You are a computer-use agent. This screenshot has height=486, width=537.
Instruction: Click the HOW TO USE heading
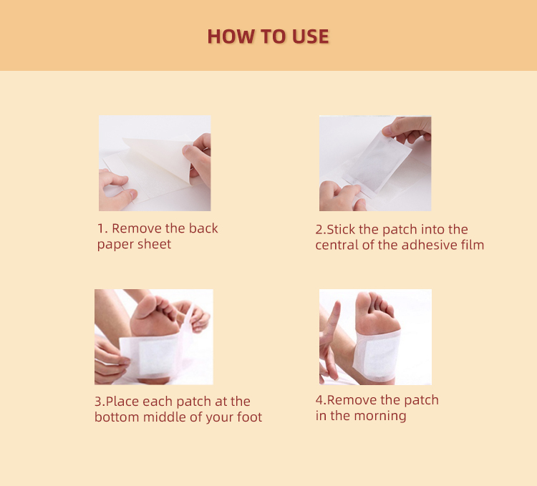pos(268,37)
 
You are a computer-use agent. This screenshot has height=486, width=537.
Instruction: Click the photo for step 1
pos(154,163)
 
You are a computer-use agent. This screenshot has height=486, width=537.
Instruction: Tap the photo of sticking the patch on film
pos(374,163)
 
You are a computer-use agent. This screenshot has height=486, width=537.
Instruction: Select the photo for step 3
pos(153,336)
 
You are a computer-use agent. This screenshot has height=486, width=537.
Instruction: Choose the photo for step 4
pos(374,336)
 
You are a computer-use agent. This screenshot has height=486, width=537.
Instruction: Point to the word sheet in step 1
pos(155,245)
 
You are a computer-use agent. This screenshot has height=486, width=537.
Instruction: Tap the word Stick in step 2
pos(342,230)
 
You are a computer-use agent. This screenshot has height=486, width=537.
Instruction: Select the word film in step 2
pos(471,246)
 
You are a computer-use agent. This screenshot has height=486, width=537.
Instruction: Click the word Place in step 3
pos(122,402)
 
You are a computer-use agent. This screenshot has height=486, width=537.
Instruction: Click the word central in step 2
pos(339,246)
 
